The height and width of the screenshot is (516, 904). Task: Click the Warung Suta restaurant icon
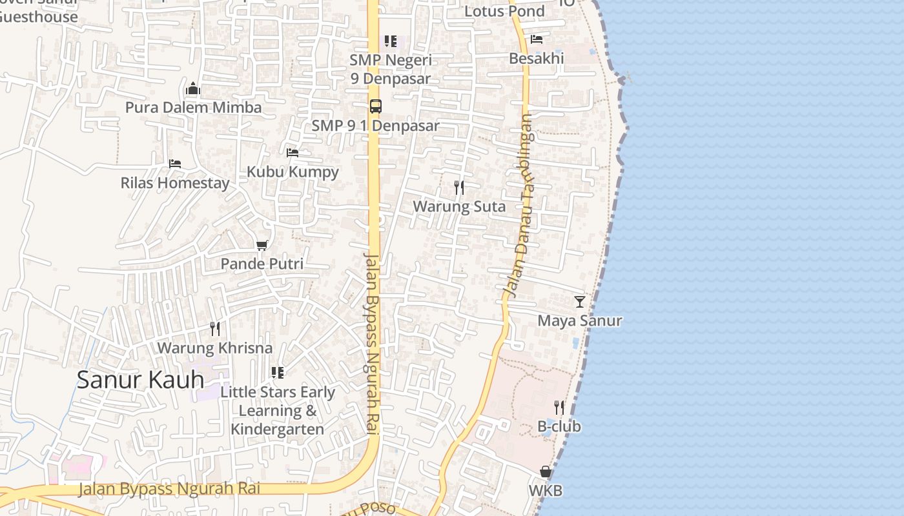(459, 188)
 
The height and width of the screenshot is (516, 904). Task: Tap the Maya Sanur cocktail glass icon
(580, 301)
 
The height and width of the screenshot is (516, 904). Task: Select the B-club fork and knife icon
(559, 408)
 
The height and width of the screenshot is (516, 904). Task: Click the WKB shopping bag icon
(546, 471)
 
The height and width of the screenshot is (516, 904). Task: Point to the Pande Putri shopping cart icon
(262, 245)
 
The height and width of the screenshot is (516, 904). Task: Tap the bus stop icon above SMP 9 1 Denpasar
(376, 106)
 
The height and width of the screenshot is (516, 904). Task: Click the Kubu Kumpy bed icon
(293, 153)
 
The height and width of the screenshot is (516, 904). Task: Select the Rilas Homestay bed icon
(175, 164)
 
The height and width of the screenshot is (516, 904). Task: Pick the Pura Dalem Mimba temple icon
(193, 88)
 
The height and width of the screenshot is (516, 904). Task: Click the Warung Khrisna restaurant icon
(215, 329)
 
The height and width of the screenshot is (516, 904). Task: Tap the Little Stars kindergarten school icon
(278, 373)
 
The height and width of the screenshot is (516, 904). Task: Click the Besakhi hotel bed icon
(537, 39)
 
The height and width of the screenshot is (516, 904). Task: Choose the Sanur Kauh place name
(140, 380)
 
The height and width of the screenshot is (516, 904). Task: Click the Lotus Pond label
(504, 11)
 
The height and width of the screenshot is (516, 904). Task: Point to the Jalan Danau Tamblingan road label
(519, 205)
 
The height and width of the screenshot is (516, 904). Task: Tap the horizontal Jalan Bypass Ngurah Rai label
(169, 488)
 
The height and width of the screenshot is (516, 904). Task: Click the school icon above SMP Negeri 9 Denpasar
(391, 41)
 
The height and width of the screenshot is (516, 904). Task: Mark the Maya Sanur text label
(580, 321)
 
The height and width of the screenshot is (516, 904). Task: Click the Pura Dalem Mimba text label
(193, 107)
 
